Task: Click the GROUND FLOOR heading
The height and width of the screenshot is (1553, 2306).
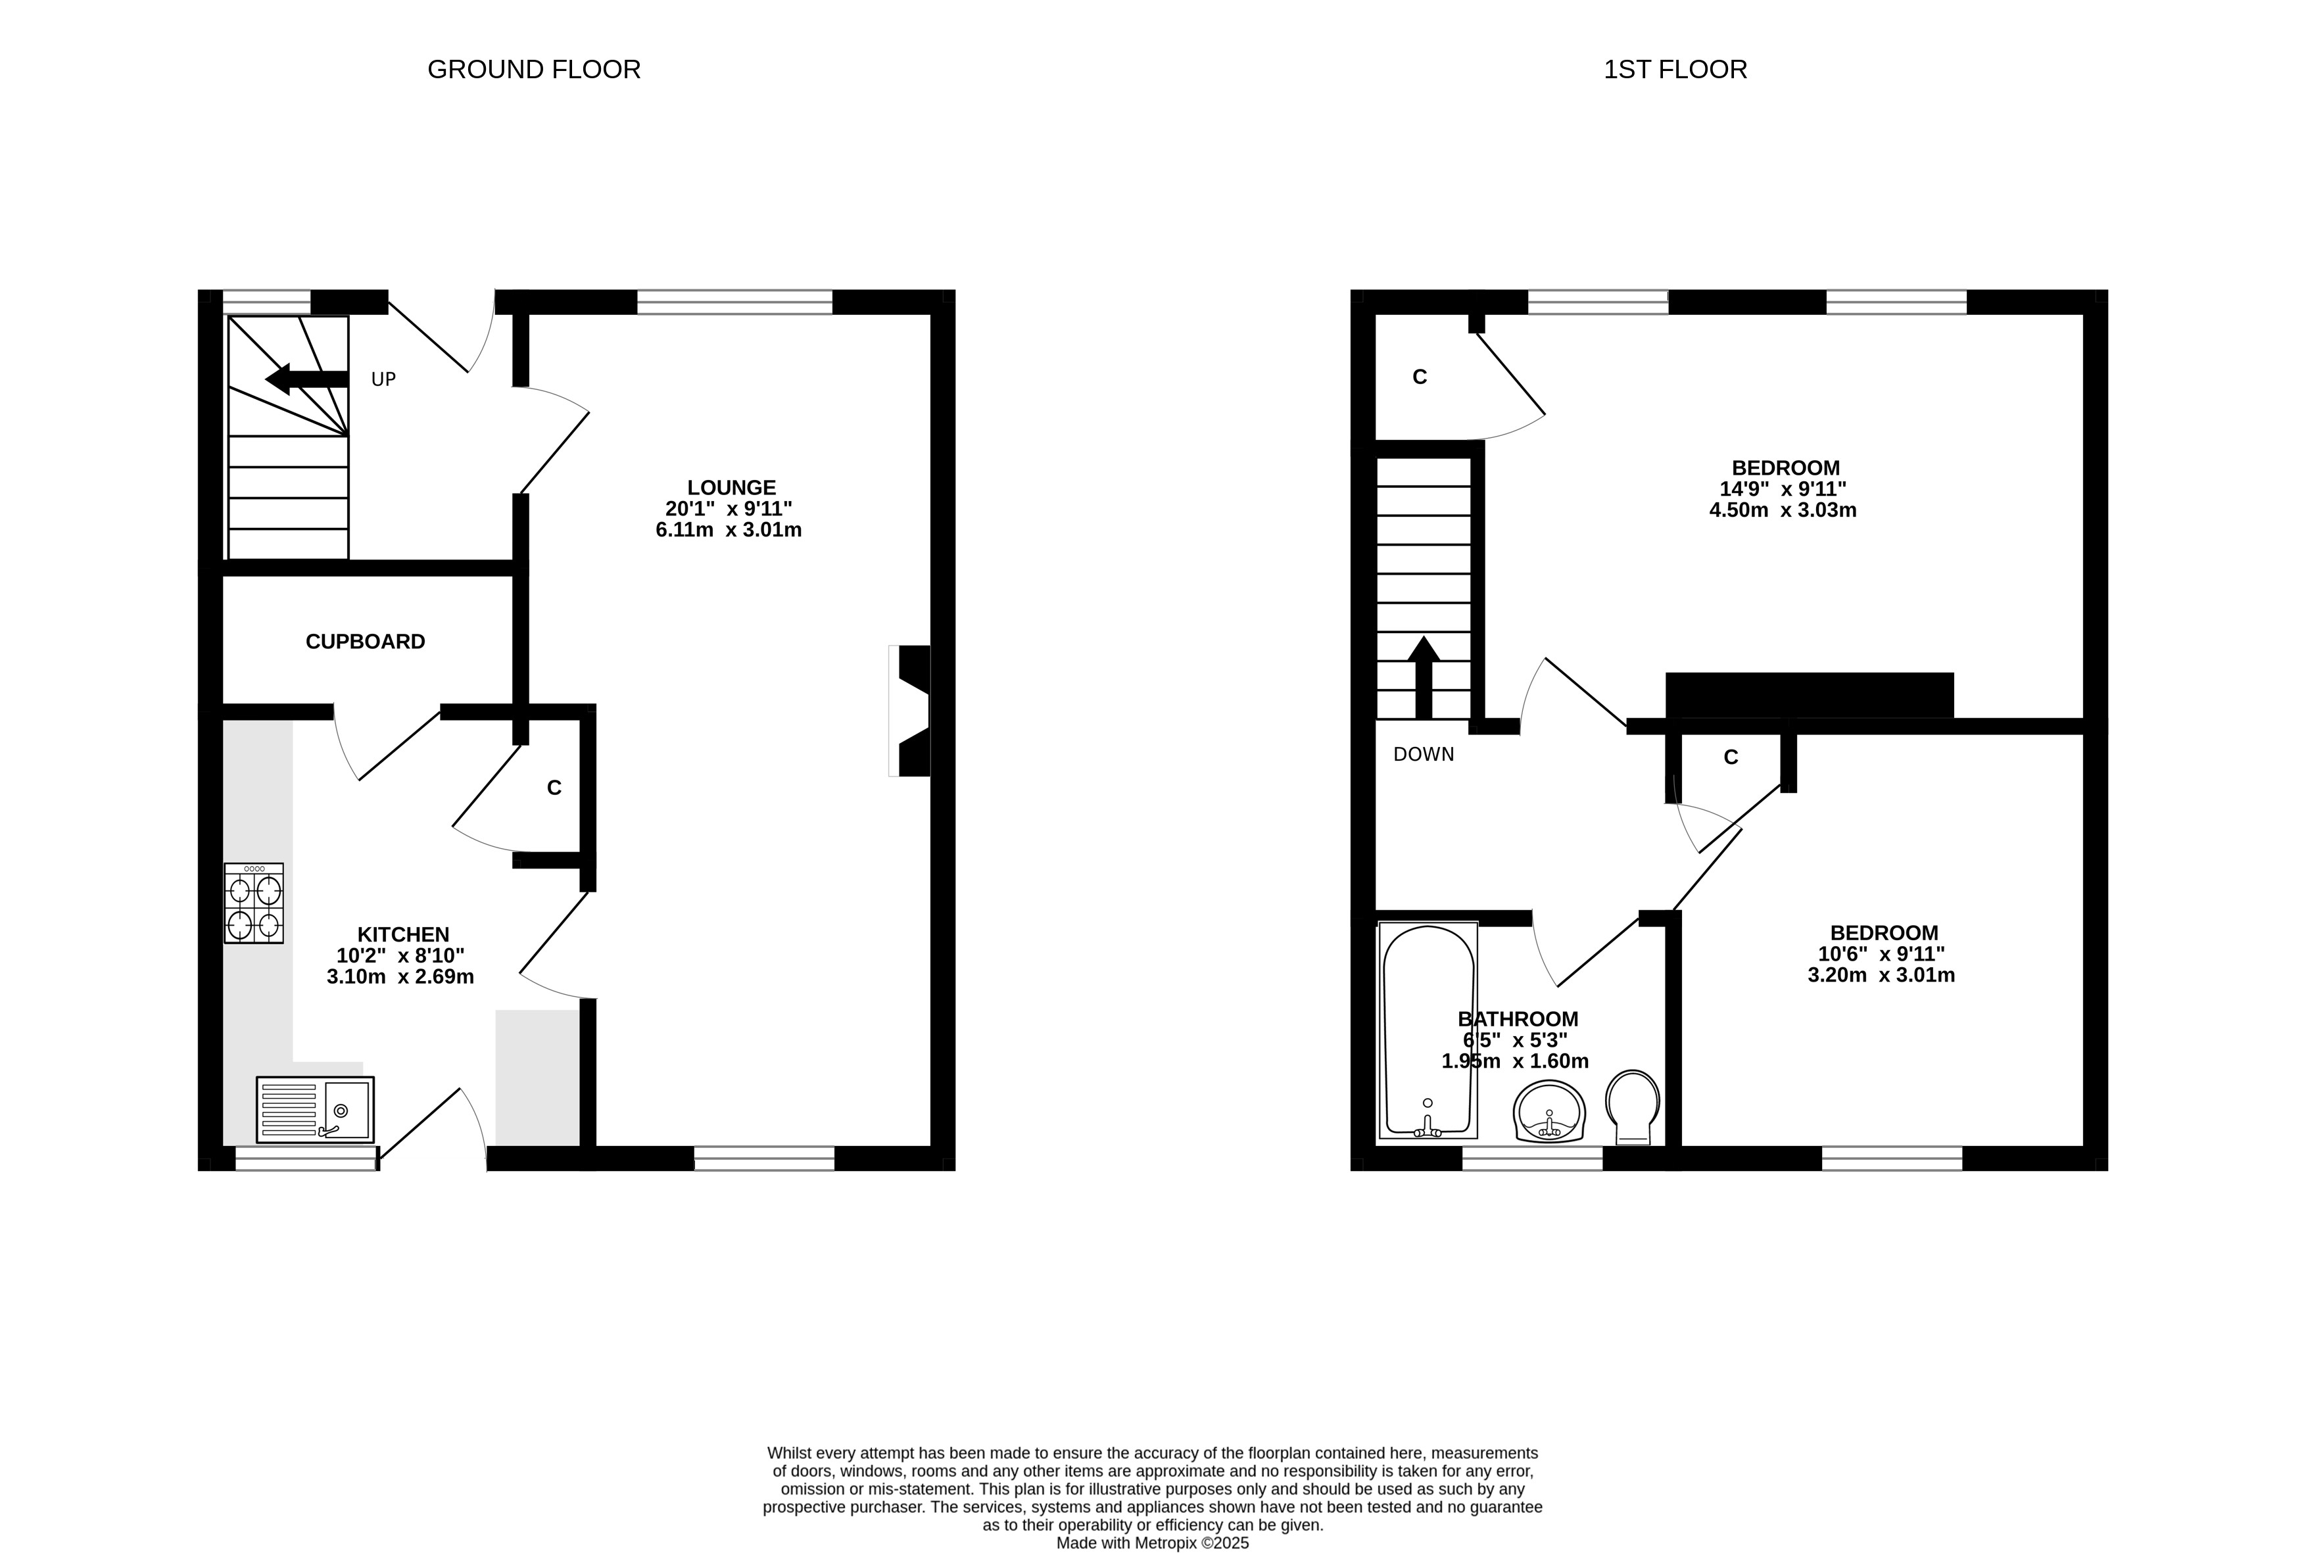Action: (x=534, y=69)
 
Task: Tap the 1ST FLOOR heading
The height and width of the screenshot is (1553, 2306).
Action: (x=1675, y=69)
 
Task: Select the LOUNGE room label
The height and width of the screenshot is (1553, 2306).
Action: (x=732, y=487)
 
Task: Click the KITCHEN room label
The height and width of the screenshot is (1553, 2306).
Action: (x=403, y=934)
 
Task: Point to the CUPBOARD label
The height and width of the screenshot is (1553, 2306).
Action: (x=366, y=642)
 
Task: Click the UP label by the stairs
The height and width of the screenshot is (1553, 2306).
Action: (x=383, y=379)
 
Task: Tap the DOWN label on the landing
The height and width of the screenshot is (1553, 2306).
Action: (x=1424, y=755)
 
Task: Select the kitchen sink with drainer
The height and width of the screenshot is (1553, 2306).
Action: (x=315, y=1109)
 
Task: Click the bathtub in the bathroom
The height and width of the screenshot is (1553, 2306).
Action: (x=1428, y=1030)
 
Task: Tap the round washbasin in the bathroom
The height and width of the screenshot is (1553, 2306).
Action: (x=1549, y=1111)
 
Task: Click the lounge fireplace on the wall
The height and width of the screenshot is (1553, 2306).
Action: (x=909, y=711)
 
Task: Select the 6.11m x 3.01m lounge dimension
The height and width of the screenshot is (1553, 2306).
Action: (x=729, y=530)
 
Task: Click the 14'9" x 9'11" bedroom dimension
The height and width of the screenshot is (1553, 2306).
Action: (x=1783, y=489)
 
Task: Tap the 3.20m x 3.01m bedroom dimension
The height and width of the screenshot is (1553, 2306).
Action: (x=1881, y=976)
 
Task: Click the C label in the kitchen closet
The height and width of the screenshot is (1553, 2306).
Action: (x=555, y=788)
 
